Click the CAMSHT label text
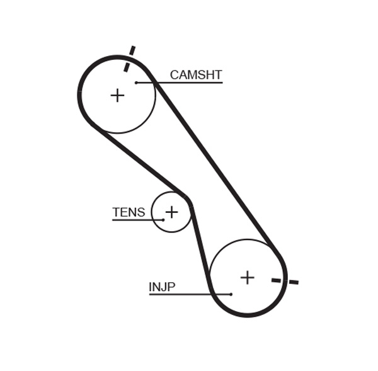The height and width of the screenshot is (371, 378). click(x=196, y=75)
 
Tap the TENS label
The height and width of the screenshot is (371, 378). click(x=129, y=212)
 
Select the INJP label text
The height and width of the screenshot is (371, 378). click(x=162, y=287)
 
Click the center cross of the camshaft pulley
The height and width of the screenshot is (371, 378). click(x=117, y=95)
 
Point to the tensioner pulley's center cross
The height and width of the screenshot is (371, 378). click(x=171, y=212)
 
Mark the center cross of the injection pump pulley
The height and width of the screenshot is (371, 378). click(x=248, y=277)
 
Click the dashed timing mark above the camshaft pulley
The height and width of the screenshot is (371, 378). click(x=129, y=59)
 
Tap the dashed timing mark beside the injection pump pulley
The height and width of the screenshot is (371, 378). click(x=285, y=281)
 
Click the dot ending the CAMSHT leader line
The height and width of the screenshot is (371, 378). click(x=136, y=83)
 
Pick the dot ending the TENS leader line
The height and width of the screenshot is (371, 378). click(x=163, y=220)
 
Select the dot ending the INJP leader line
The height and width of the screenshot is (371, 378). click(x=231, y=294)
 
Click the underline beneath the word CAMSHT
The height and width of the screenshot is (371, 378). click(x=189, y=83)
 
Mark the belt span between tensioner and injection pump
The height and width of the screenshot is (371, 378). click(x=200, y=246)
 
